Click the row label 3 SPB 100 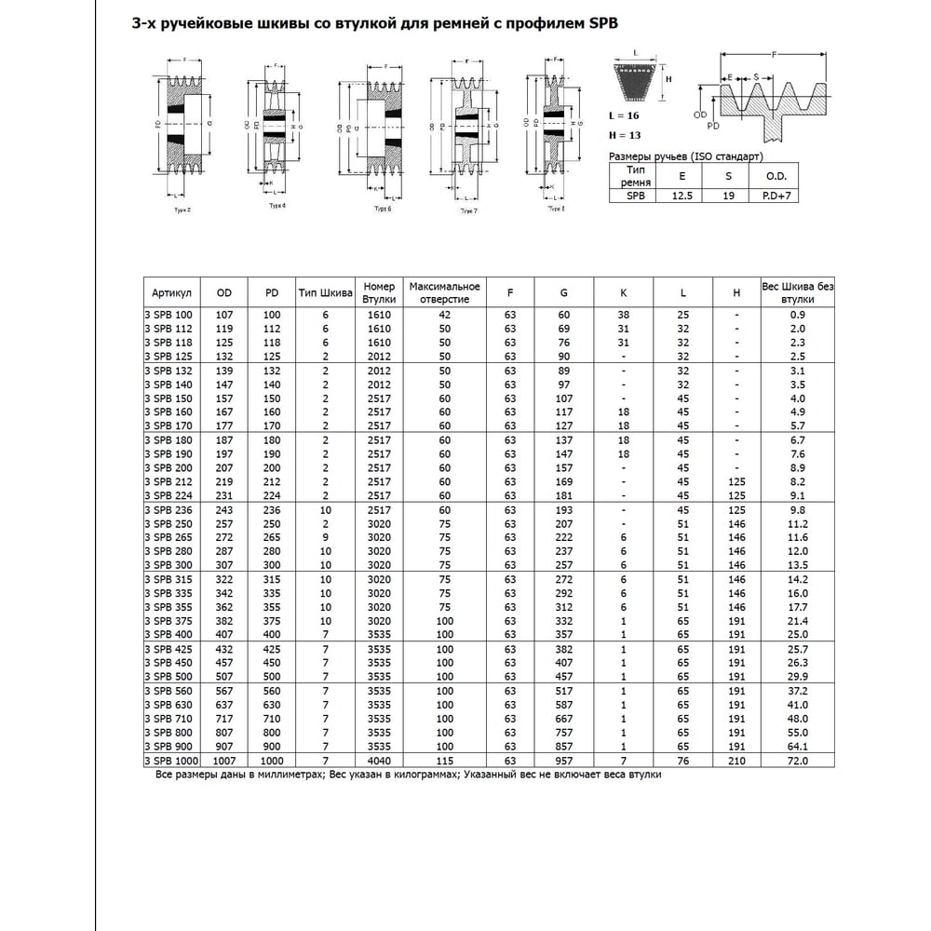[168, 316]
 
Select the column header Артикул [170, 292]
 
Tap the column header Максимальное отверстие [444, 292]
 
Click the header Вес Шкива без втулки [797, 292]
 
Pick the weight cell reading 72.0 [797, 761]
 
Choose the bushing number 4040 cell [379, 761]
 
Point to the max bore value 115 [444, 761]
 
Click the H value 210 [736, 761]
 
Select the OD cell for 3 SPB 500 [223, 677]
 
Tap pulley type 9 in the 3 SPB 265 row [326, 538]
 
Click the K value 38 [624, 316]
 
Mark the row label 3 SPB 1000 [170, 761]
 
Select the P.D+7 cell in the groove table [776, 196]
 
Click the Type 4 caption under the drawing [277, 204]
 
